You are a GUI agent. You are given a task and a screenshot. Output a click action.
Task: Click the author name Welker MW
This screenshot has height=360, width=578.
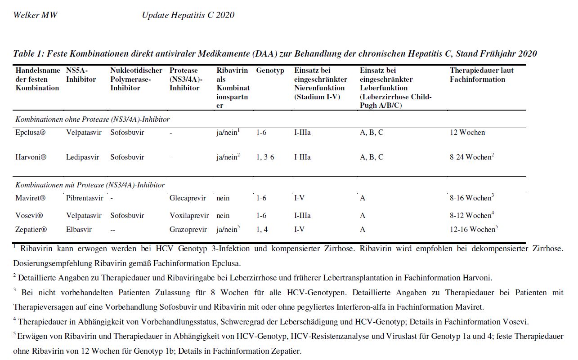35,15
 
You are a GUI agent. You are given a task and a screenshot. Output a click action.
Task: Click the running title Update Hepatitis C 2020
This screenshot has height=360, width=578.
188,15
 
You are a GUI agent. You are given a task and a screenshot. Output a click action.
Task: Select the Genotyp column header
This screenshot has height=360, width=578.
270,71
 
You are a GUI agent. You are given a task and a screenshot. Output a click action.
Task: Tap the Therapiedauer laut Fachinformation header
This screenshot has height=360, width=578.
481,75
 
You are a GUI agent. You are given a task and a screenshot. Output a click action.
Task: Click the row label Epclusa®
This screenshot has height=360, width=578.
31,133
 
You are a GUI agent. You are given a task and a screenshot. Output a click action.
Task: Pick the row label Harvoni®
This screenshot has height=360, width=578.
31,157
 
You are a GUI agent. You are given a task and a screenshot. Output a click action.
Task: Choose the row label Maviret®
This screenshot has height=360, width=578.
31,198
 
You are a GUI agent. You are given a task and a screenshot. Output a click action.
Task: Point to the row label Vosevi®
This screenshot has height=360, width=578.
29,216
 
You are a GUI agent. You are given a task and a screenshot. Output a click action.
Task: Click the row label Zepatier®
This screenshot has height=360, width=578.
31,230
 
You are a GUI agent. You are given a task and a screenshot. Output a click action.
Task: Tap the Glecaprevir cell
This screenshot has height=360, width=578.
188,198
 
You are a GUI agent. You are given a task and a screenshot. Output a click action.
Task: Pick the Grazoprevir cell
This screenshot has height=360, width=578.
188,230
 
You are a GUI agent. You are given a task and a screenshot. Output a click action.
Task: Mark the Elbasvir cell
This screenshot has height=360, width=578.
79,230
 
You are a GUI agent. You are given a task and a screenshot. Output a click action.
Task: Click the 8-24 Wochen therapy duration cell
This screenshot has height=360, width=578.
470,157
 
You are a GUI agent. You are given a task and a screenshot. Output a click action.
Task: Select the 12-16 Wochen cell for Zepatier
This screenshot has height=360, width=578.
472,230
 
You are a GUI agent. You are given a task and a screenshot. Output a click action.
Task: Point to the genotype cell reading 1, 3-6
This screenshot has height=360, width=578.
265,157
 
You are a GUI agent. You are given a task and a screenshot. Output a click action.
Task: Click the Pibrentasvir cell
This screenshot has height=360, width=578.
85,198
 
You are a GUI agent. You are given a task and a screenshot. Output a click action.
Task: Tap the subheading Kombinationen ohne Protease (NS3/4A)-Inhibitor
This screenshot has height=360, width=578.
92,120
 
